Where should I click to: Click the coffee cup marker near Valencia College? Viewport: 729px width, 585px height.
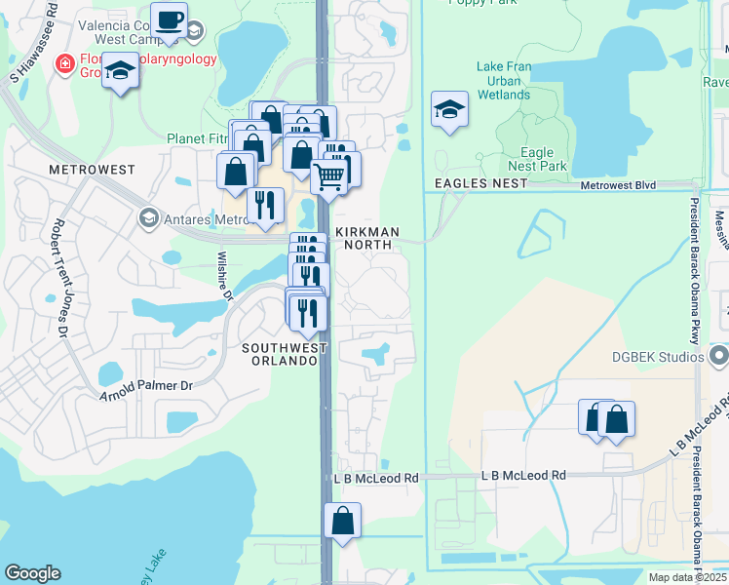pos(170,19)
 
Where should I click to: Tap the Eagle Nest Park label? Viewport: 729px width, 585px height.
pos(537,160)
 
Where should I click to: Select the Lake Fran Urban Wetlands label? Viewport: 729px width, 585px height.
pos(503,81)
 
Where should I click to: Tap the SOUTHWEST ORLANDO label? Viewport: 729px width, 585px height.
pos(281,354)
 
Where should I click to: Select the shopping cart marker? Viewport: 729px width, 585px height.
pos(329,176)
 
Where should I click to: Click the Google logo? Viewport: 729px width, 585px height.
pos(32,573)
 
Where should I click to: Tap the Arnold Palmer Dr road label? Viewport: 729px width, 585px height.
pos(146,391)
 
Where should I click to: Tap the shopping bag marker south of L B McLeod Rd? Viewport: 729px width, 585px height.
pos(342,520)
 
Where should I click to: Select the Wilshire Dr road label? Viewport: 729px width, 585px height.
pos(224,275)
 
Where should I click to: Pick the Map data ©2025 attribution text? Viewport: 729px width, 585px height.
pos(686,577)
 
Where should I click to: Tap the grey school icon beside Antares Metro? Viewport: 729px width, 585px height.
pos(148,216)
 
